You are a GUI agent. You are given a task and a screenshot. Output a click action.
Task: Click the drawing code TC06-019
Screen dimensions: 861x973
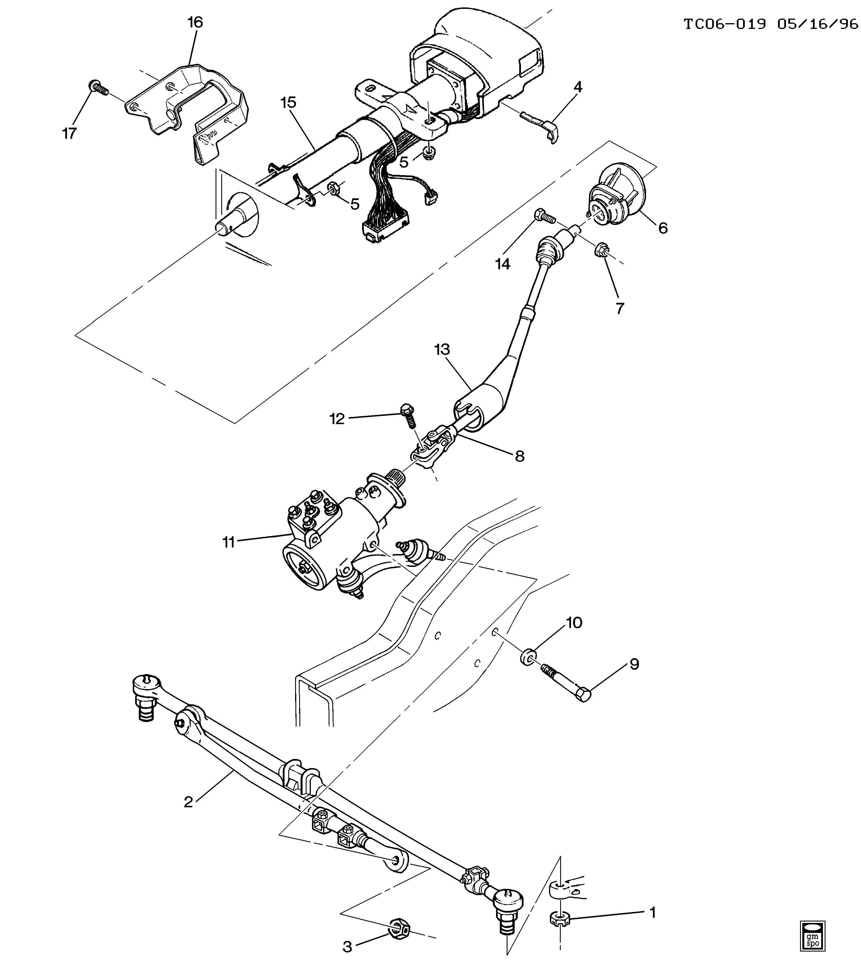[724, 24]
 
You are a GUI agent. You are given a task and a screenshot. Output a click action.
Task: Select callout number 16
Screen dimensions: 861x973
[195, 22]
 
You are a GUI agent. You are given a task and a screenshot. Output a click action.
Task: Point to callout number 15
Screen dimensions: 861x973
[289, 102]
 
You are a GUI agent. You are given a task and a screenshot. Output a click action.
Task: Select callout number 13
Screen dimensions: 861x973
[442, 349]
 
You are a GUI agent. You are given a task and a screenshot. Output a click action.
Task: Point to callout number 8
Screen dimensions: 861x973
[520, 456]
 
